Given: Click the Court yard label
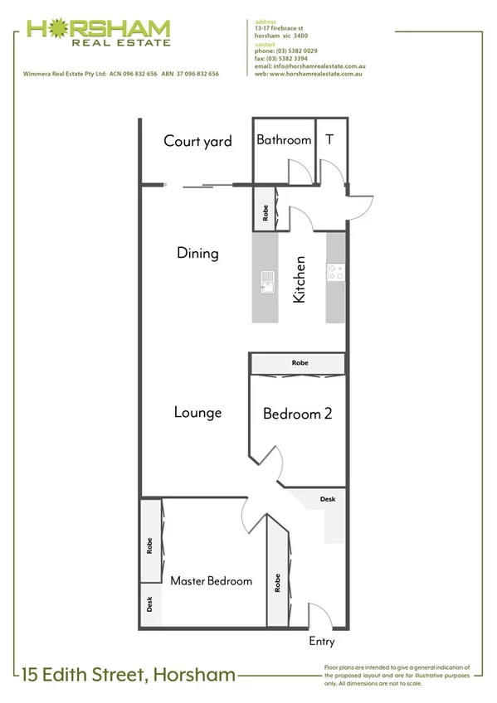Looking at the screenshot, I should click(x=197, y=141).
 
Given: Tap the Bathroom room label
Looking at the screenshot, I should click(x=284, y=140).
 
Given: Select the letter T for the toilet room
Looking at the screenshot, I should click(x=329, y=139).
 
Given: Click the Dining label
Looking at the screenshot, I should click(x=197, y=253).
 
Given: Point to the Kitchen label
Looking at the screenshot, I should click(x=300, y=279).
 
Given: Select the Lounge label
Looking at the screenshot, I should click(x=197, y=411).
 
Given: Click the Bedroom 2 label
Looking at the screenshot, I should click(x=297, y=413).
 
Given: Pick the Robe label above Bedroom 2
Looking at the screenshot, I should click(x=299, y=363).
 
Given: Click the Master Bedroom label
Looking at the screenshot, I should click(x=211, y=581).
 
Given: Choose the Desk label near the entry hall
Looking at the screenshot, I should click(x=328, y=499).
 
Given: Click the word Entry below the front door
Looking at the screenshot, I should click(x=322, y=641).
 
